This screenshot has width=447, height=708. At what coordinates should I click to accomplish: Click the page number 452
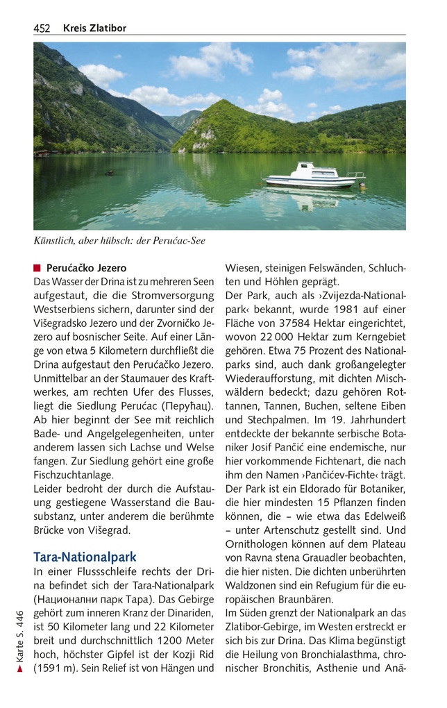[42, 28]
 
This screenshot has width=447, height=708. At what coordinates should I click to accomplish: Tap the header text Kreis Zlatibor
[94, 28]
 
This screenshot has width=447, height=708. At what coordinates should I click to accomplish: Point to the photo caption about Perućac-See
[119, 241]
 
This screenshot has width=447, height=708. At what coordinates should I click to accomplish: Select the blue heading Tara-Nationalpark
[85, 557]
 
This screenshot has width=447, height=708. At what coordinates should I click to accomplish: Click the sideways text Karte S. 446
[20, 634]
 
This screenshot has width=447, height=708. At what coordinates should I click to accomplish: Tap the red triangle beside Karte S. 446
[20, 669]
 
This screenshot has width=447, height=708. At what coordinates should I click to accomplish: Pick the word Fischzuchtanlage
[74, 475]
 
